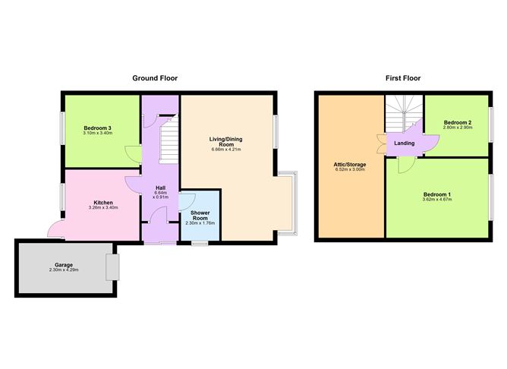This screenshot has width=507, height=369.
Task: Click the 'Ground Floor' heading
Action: (x=155, y=78)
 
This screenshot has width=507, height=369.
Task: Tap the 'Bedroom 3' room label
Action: (x=98, y=128)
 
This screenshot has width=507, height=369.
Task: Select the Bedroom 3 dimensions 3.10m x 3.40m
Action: (x=98, y=134)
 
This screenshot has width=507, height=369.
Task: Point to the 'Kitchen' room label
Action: (x=103, y=203)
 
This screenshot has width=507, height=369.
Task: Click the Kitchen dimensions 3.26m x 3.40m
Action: (x=103, y=209)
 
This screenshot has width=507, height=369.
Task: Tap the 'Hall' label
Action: (x=161, y=188)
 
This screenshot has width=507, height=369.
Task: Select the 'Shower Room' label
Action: (x=200, y=215)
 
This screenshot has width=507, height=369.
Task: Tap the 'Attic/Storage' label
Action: (x=350, y=164)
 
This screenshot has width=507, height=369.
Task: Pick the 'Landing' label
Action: (x=402, y=142)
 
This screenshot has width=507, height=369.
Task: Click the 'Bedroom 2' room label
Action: (x=458, y=122)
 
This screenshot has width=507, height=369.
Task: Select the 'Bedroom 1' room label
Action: (x=438, y=195)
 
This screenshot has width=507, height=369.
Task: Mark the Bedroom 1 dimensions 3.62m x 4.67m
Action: (x=438, y=201)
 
